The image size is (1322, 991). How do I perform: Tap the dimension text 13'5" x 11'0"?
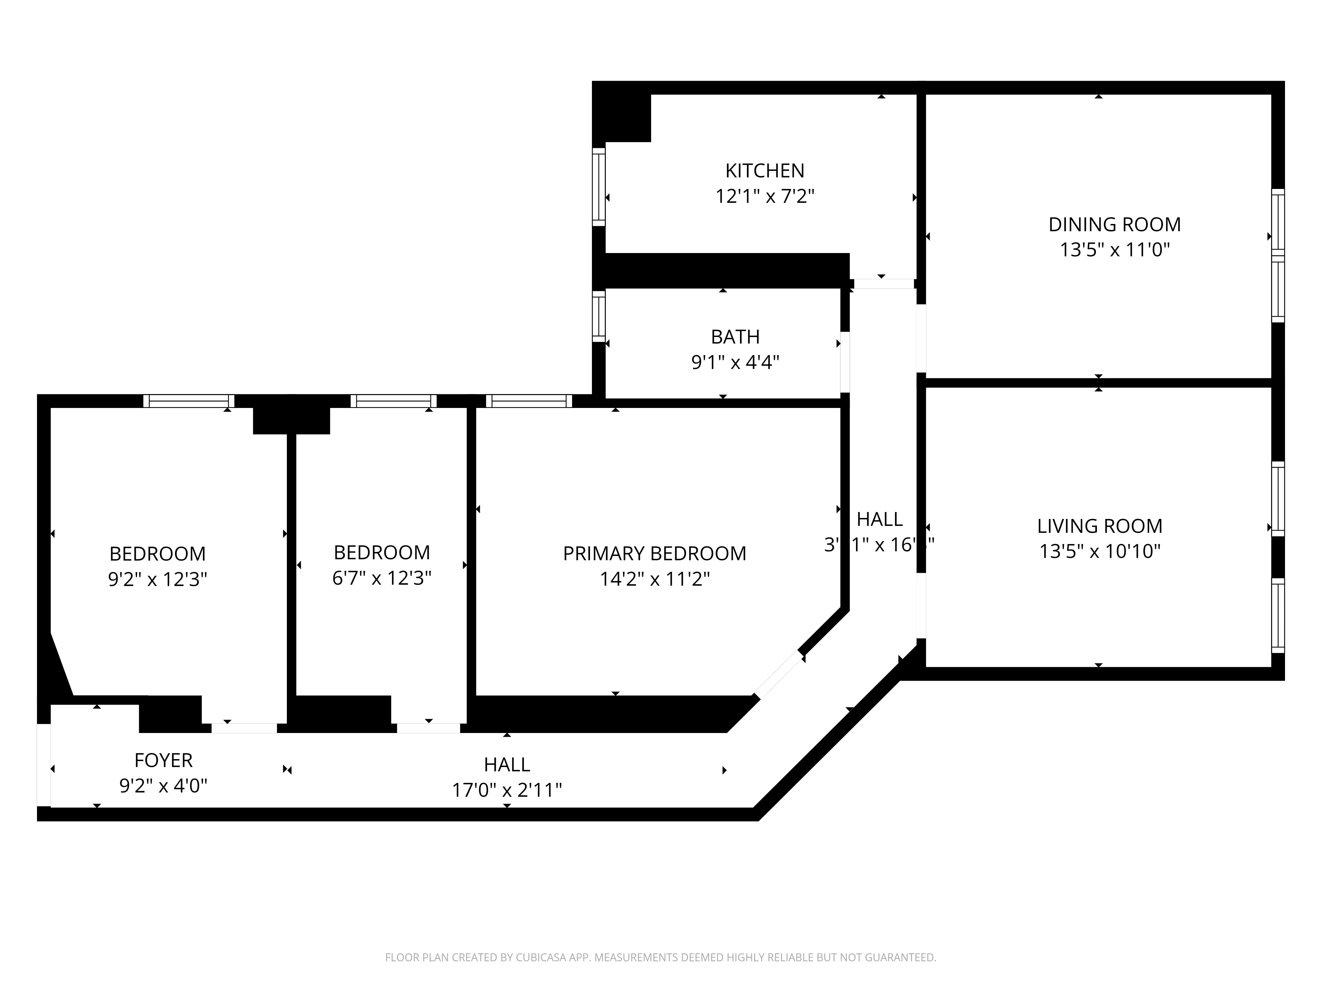pos(1115,250)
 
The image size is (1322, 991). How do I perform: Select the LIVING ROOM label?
pos(1100,526)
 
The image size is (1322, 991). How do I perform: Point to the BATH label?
pos(735,337)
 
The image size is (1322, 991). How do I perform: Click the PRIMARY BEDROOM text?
pos(654,553)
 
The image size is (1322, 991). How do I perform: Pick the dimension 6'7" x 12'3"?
pos(381,578)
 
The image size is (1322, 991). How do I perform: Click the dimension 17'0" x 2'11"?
pos(507,790)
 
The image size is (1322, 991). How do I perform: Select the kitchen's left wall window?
pos(598,186)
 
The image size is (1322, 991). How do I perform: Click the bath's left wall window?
pos(598,316)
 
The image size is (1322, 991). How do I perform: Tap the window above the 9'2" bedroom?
pos(188,401)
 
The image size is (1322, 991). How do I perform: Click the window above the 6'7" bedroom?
pos(393,401)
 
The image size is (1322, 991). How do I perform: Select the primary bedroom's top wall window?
pos(528,401)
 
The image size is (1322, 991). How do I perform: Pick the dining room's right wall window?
pos(1277,256)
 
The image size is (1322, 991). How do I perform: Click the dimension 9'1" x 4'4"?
pos(735,362)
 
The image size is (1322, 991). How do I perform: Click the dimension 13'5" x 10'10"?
pos(1100,551)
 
